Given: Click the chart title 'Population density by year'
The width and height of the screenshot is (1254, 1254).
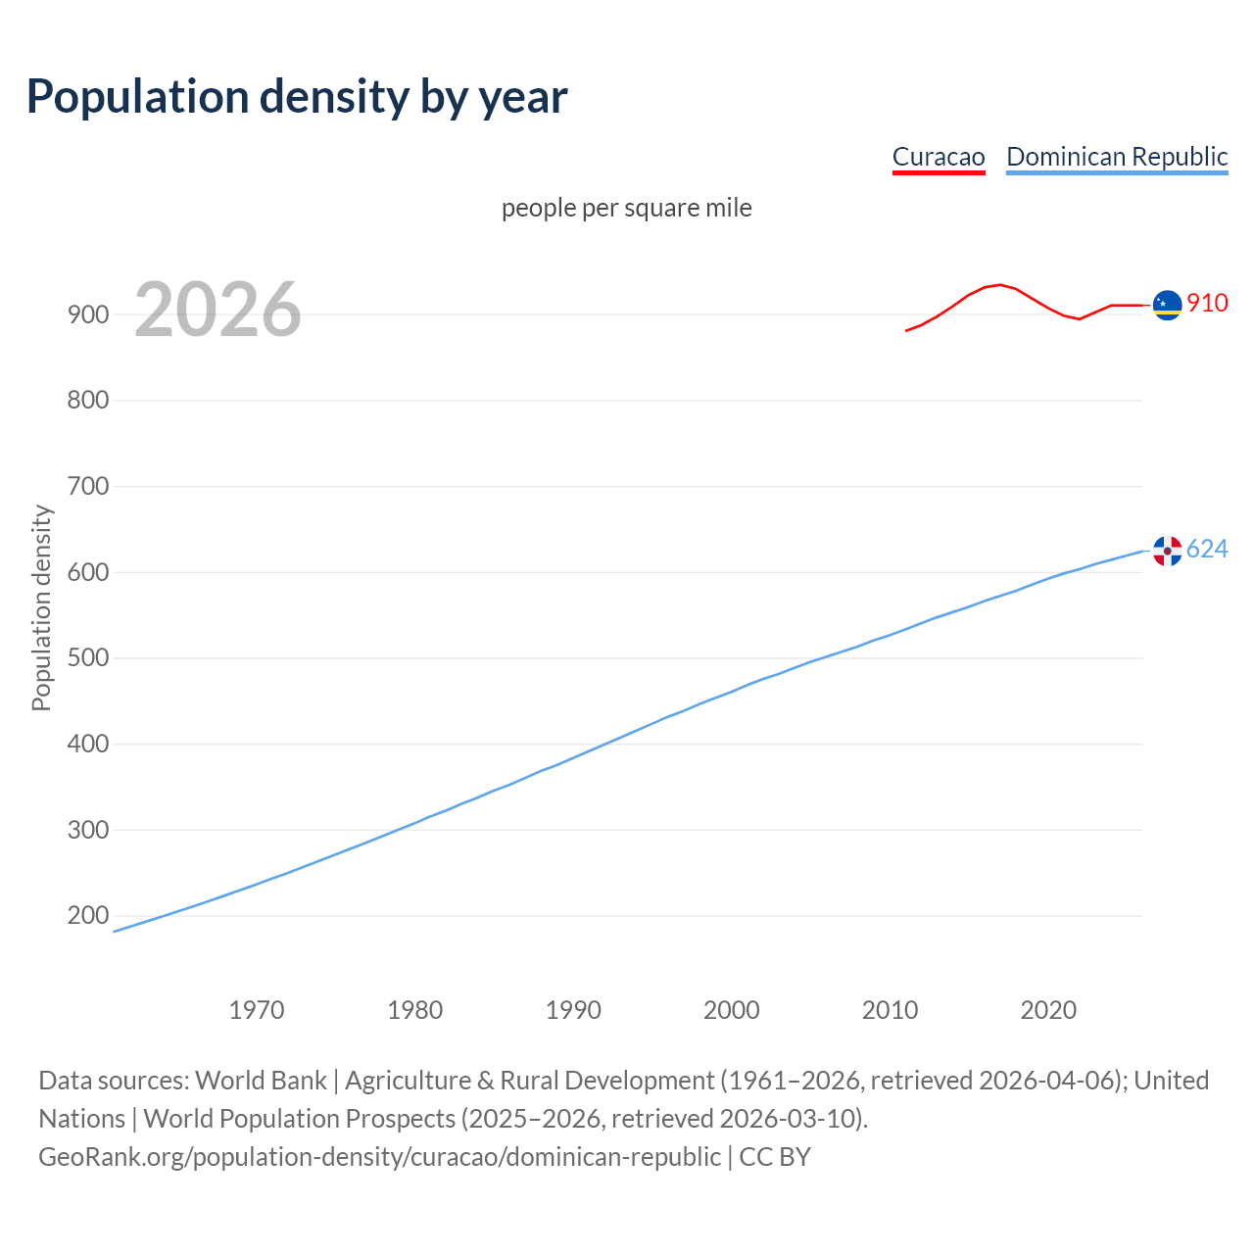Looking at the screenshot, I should click(x=297, y=97).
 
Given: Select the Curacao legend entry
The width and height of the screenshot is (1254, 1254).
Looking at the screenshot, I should click(x=938, y=157).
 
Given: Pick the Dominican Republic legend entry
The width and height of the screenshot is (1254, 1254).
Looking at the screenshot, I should click(x=1117, y=157).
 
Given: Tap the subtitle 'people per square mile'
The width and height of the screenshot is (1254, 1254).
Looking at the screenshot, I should click(x=627, y=209).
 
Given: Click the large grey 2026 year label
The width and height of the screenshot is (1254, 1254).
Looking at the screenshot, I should click(x=217, y=310).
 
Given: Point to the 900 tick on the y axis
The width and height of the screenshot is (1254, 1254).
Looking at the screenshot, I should click(x=88, y=314).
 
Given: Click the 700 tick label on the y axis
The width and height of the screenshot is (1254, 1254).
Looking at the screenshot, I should click(x=88, y=487).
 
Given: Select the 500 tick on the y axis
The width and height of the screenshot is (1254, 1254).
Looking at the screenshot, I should click(x=88, y=658).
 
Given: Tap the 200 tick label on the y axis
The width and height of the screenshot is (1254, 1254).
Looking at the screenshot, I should click(x=88, y=916).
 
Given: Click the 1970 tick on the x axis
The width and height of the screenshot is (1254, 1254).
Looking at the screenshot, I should click(x=257, y=1010).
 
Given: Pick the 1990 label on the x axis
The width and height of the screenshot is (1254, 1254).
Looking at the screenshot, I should click(x=573, y=1010).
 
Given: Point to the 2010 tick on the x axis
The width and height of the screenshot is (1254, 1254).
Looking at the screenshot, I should click(x=890, y=1010).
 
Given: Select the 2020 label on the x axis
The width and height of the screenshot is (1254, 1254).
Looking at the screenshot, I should click(x=1048, y=1010).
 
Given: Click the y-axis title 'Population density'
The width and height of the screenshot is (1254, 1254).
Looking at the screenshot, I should click(x=41, y=607).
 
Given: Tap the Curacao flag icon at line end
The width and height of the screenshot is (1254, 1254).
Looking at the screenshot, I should click(x=1167, y=306).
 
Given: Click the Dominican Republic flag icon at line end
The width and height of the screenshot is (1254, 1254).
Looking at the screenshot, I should click(x=1167, y=551).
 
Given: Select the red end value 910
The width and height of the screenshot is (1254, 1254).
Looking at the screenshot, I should click(x=1207, y=304).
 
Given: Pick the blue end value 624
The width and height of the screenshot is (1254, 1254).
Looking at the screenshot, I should click(x=1207, y=550).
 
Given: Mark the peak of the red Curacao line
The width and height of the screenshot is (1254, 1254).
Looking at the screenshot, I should click(x=999, y=284).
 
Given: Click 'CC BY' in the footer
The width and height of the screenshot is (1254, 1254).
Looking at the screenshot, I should click(x=775, y=1157).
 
